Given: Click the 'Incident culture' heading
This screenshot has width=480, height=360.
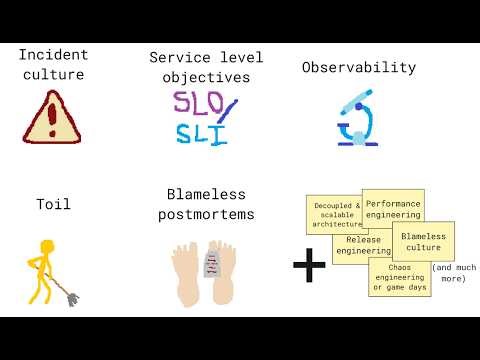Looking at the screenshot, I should pos(52,65).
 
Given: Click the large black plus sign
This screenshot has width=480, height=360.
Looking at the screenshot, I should pos(310,265).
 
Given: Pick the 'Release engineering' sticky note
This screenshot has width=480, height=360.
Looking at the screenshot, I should pos(362,244).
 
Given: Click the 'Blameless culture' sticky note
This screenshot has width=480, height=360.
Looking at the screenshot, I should pos(423,242).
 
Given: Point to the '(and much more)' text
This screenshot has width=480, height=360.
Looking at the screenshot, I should pos(452,273).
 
